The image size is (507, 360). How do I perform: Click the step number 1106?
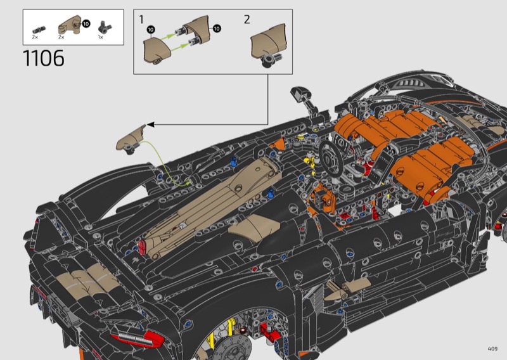[x=44, y=58]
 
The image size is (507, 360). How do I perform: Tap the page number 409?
[x=492, y=349]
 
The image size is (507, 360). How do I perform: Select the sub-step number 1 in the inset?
[x=141, y=20]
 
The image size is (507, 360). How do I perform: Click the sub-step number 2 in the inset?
[x=247, y=20]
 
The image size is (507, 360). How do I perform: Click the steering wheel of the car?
[x=331, y=158]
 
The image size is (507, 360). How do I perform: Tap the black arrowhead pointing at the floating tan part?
[x=151, y=124]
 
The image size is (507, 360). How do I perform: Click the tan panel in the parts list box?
[x=70, y=25]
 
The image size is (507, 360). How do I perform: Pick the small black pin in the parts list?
[x=39, y=30]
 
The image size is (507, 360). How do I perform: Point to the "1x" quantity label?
[x=101, y=37]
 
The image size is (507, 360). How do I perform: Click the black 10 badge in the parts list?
[x=86, y=24]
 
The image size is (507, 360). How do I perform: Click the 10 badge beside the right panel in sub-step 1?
[x=217, y=29]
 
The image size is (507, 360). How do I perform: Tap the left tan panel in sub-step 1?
[x=157, y=50]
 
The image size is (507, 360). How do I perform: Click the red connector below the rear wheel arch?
[x=269, y=331]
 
